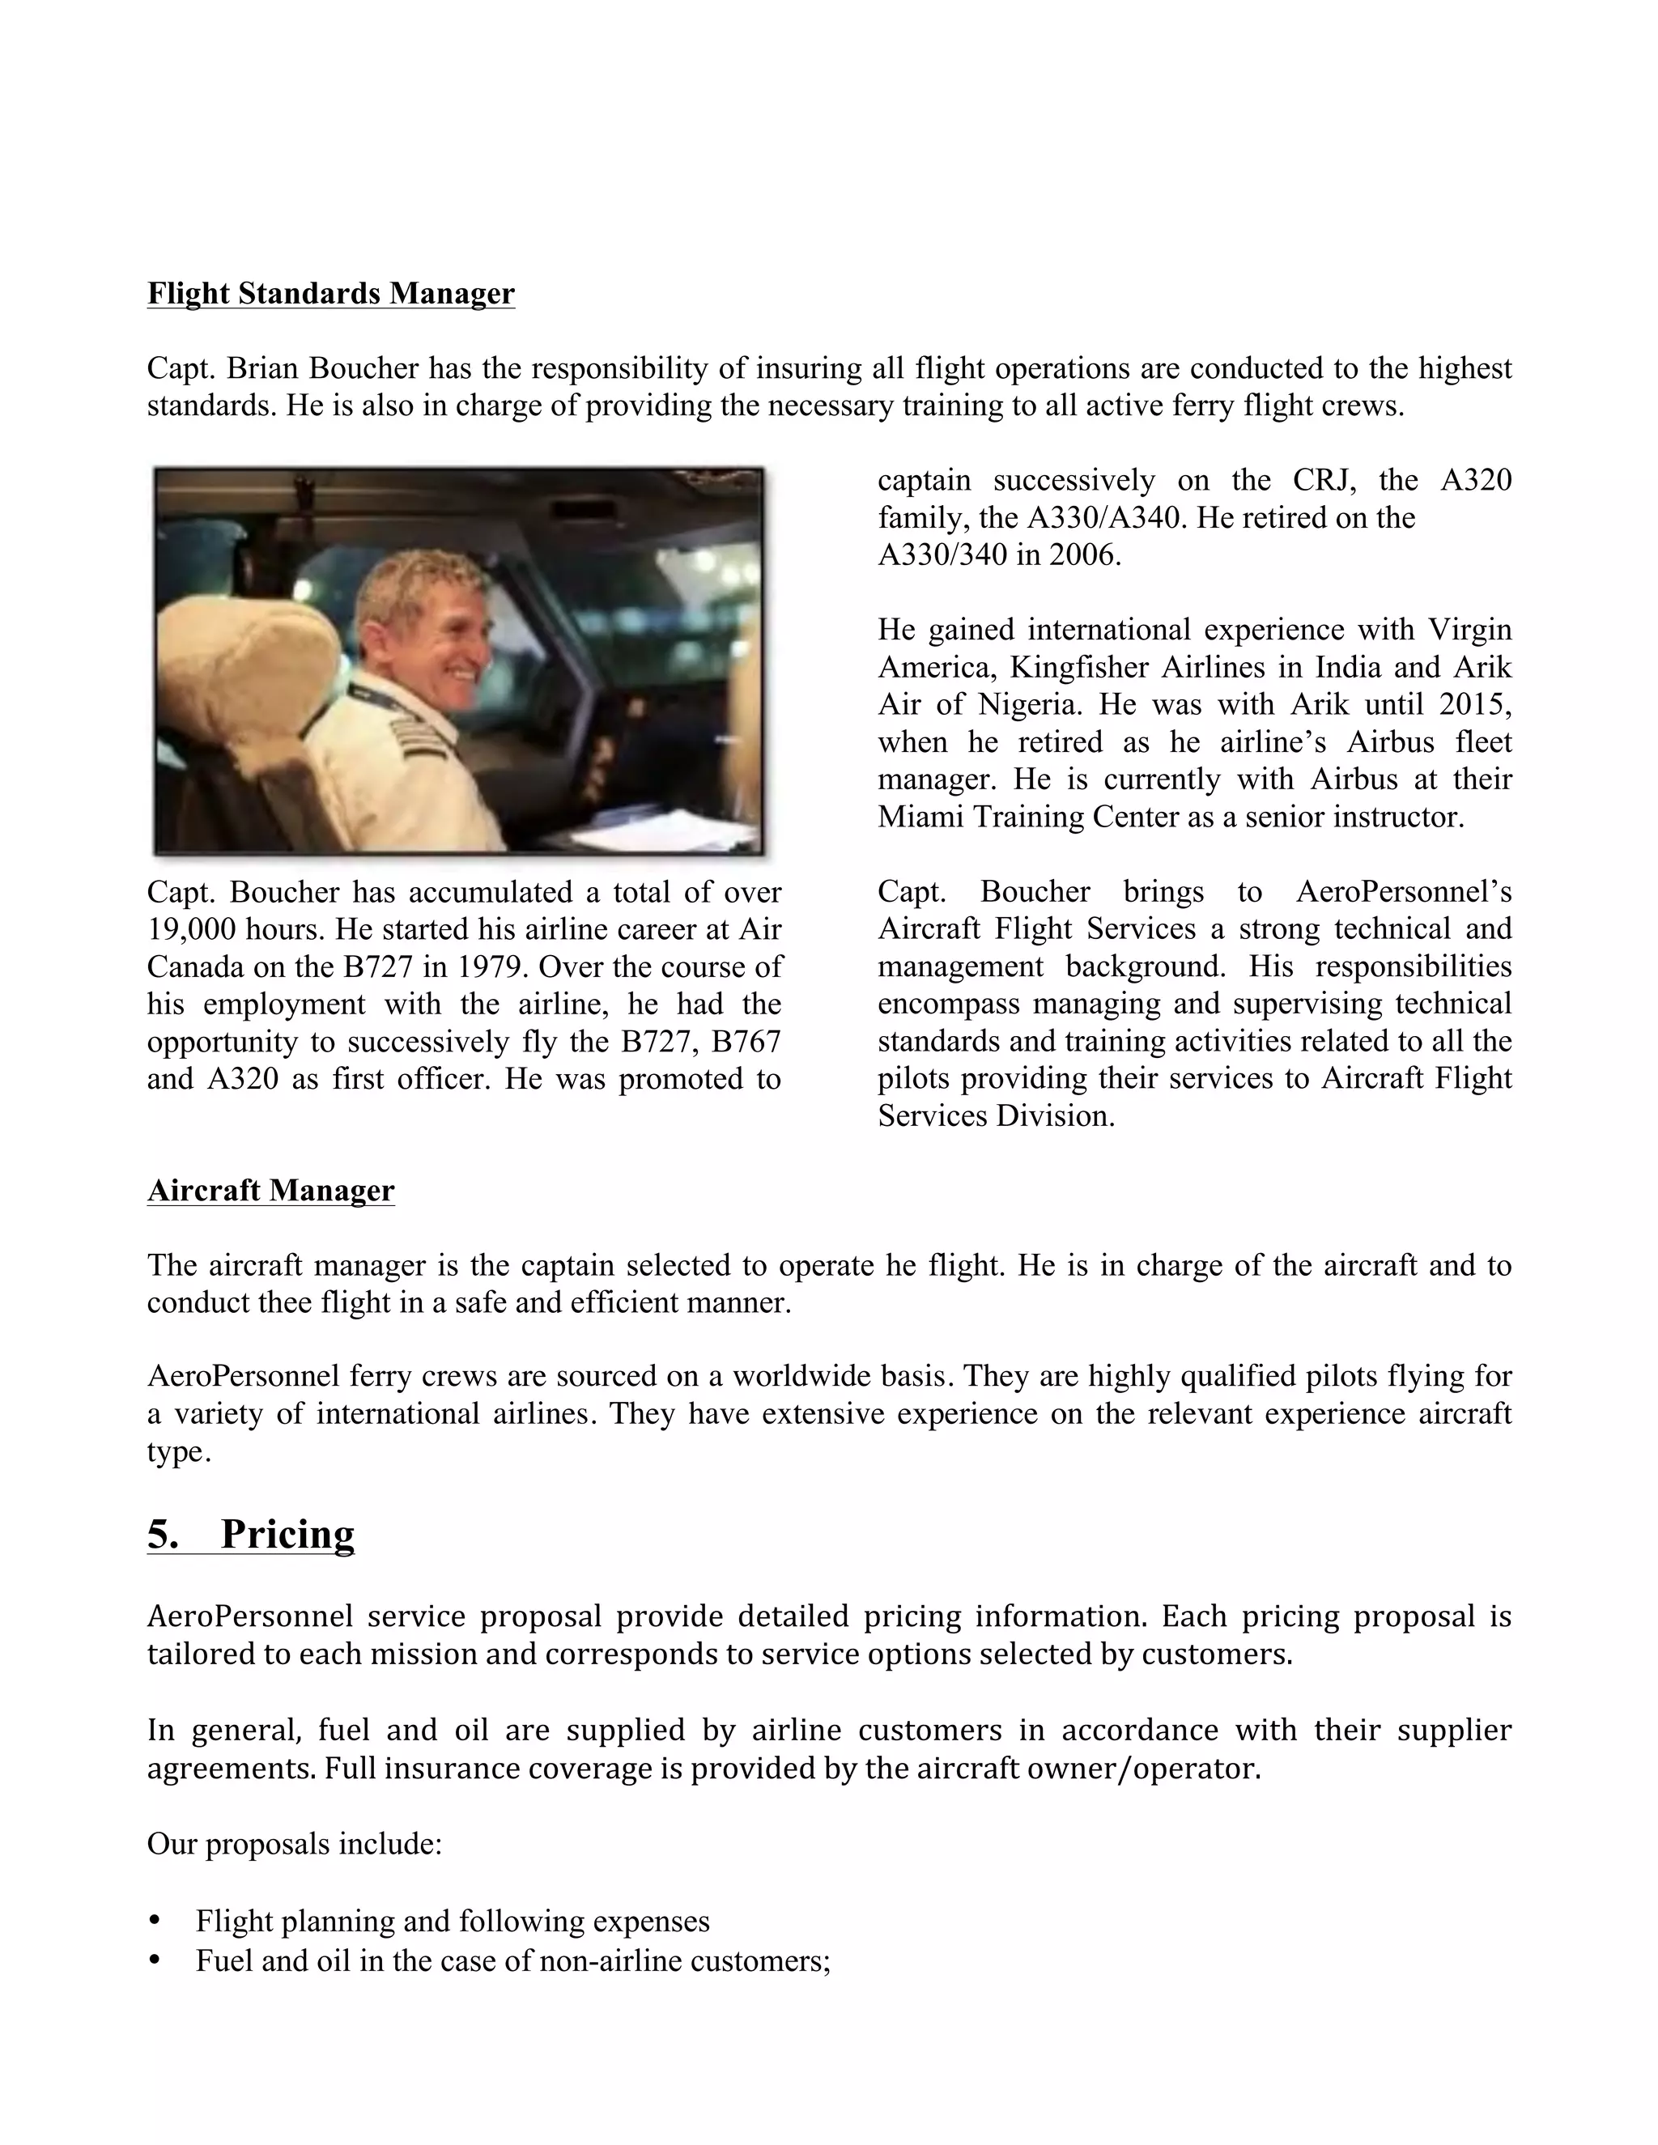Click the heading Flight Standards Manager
click(x=330, y=294)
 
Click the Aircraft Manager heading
click(x=270, y=1191)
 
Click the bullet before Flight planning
click(x=154, y=1920)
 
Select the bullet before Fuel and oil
click(x=154, y=1960)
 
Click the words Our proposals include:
click(x=295, y=1845)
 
